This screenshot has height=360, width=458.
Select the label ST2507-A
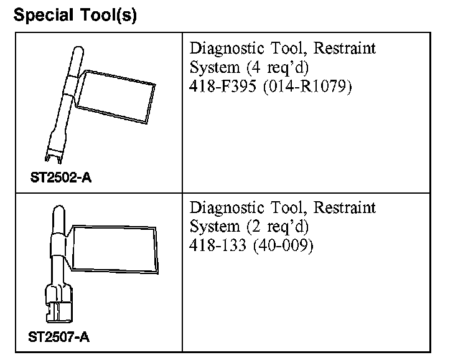click(x=59, y=338)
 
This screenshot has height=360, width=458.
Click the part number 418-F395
click(x=223, y=86)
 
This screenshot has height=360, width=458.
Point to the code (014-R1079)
click(x=307, y=86)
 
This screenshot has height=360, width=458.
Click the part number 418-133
click(x=217, y=245)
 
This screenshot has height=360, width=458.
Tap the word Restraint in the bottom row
click(x=345, y=207)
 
